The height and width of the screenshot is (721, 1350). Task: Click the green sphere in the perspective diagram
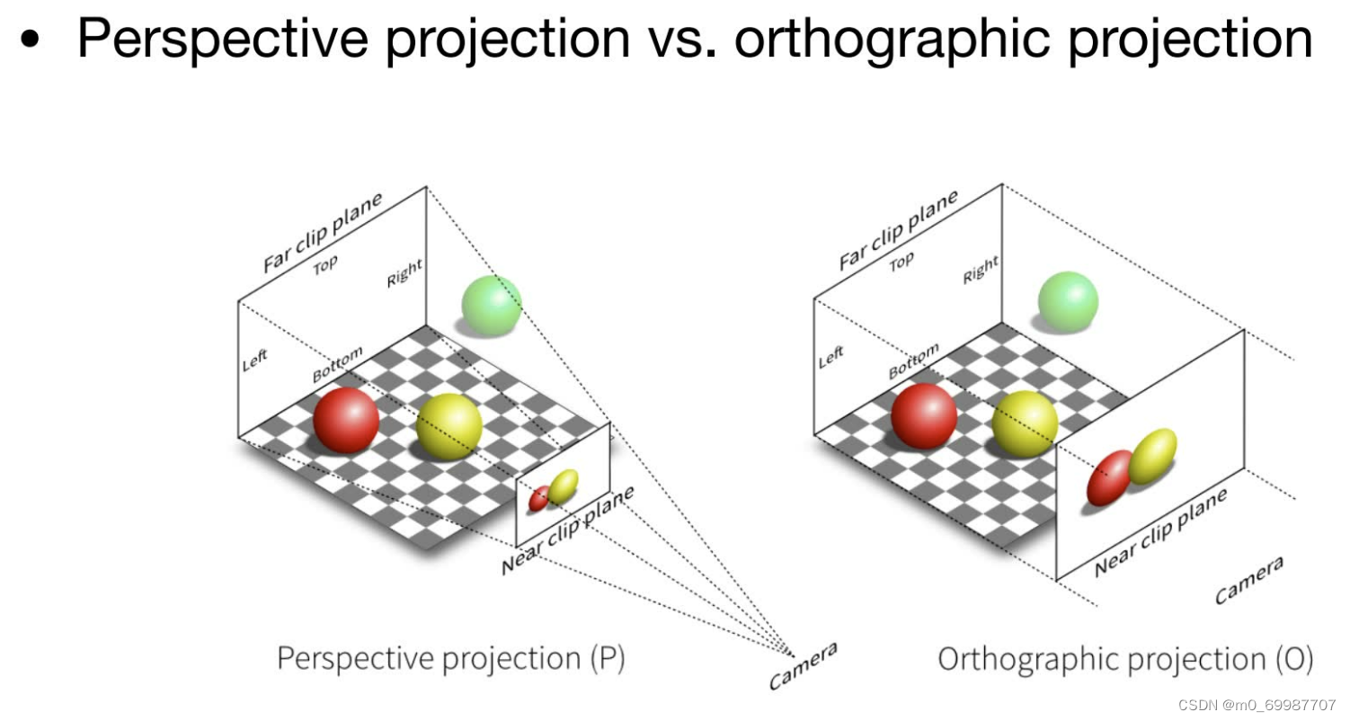tap(491, 305)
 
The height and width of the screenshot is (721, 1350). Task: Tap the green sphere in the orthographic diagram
tap(1068, 300)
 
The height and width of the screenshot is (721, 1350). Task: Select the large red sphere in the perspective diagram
tap(346, 420)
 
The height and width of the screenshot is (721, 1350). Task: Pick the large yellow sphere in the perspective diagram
tap(449, 425)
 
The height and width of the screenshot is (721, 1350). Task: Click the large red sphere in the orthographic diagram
tap(924, 415)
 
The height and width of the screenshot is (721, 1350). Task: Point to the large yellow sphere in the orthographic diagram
tap(1025, 423)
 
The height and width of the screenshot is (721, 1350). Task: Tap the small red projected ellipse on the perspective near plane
tap(538, 498)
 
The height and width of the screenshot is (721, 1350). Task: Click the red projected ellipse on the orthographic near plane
tap(1110, 477)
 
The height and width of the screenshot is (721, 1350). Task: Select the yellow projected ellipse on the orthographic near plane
tap(1153, 456)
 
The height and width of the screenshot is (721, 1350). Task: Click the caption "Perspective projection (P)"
tap(450, 659)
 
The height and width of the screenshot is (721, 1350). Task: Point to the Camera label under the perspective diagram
tap(803, 666)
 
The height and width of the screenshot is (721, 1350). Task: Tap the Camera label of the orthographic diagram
tap(1248, 580)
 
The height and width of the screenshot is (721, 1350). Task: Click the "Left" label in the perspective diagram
tap(255, 360)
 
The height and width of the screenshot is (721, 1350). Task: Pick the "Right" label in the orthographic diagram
tap(981, 270)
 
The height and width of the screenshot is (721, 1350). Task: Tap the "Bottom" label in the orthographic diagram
tap(913, 360)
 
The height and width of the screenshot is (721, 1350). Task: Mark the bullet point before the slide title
tap(31, 40)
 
